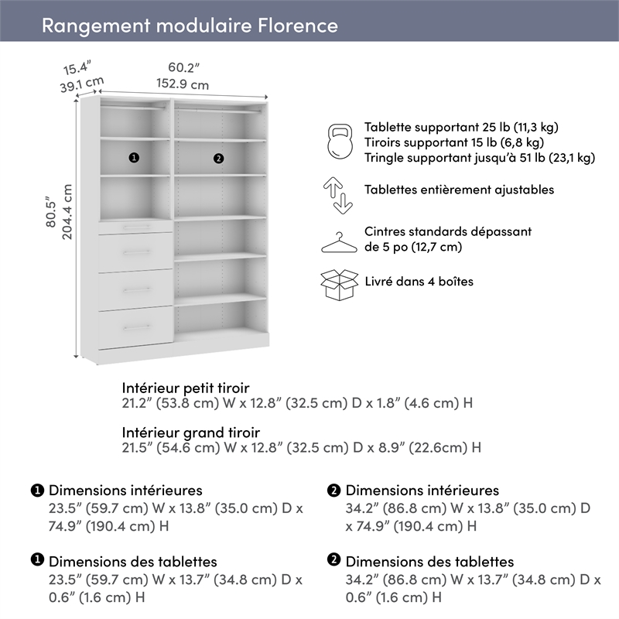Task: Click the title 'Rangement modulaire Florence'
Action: pos(190,26)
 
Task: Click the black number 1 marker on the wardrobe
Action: pos(134,158)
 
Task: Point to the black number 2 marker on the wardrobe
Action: pos(218,159)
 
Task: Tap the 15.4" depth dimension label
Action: pos(77,67)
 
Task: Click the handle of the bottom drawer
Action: pos(135,327)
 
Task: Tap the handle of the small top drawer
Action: pos(135,227)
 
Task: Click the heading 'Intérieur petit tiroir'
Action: pos(186,387)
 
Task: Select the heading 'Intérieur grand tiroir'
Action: pos(190,432)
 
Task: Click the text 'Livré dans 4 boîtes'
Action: pos(419,282)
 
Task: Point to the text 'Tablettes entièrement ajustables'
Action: pos(459,190)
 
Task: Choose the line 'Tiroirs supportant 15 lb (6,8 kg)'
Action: pos(453,142)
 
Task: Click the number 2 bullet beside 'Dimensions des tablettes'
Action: pos(334,561)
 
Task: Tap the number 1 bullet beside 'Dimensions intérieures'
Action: pos(37,491)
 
